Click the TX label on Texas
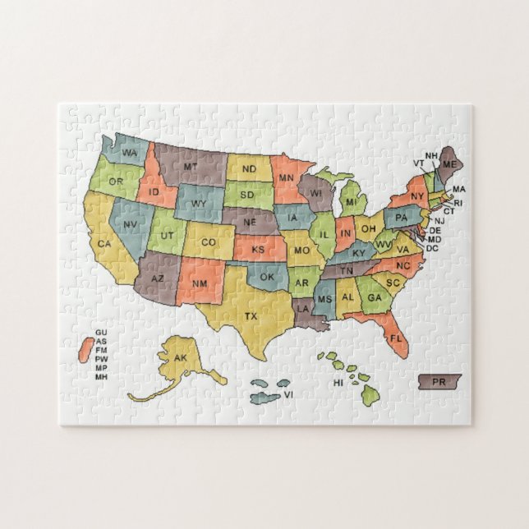[251, 315]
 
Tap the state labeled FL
[395, 338]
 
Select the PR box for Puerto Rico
[439, 383]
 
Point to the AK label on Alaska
[182, 358]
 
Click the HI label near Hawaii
[338, 383]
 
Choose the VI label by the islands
[289, 395]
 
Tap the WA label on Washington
[130, 154]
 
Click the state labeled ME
[449, 165]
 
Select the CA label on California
[104, 243]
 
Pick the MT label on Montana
[191, 168]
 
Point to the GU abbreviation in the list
[101, 332]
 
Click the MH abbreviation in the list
[101, 376]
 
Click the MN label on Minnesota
[287, 177]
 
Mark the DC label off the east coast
[432, 248]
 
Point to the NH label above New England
[431, 155]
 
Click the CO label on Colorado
[209, 241]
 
